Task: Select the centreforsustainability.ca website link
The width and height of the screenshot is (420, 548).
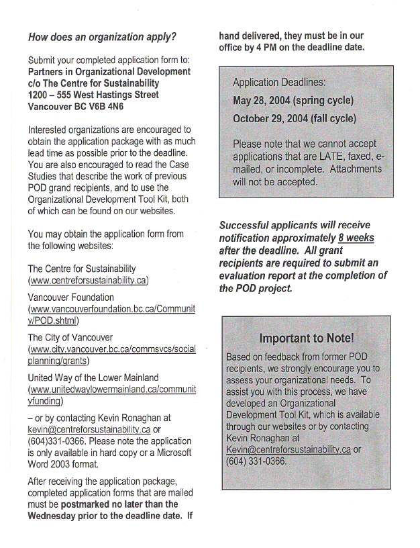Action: click(88, 280)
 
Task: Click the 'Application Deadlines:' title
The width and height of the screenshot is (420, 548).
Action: click(278, 83)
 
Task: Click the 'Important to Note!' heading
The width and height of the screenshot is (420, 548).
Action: click(307, 338)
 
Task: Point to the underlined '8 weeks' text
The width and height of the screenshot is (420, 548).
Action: click(356, 238)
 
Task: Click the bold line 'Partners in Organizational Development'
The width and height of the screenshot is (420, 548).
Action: click(109, 72)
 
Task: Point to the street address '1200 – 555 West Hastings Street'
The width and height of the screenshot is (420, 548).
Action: click(93, 95)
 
